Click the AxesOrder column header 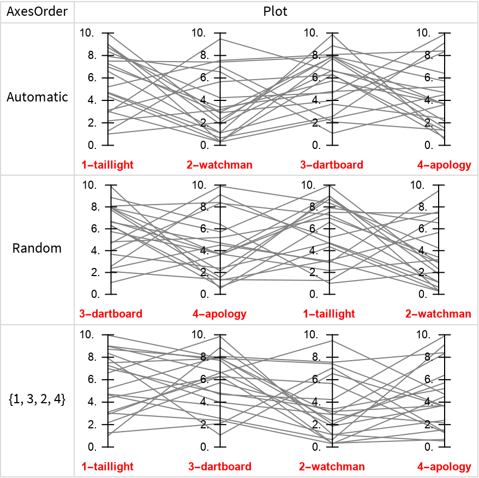(37, 11)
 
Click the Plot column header (276, 11)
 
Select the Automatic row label (37, 97)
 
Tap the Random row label (37, 248)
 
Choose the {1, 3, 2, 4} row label (37, 399)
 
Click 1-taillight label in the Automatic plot (107, 165)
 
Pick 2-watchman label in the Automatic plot (219, 165)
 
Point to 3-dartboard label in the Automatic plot (332, 165)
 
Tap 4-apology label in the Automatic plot (444, 165)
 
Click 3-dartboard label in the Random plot (111, 314)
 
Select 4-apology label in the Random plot (219, 314)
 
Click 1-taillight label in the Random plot (329, 314)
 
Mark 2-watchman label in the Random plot (438, 314)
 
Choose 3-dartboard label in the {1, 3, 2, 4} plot (220, 467)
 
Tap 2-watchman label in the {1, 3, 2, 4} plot (332, 467)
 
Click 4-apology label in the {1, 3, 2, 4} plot (444, 467)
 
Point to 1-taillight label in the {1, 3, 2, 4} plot (107, 467)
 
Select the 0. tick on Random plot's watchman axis (423, 295)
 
